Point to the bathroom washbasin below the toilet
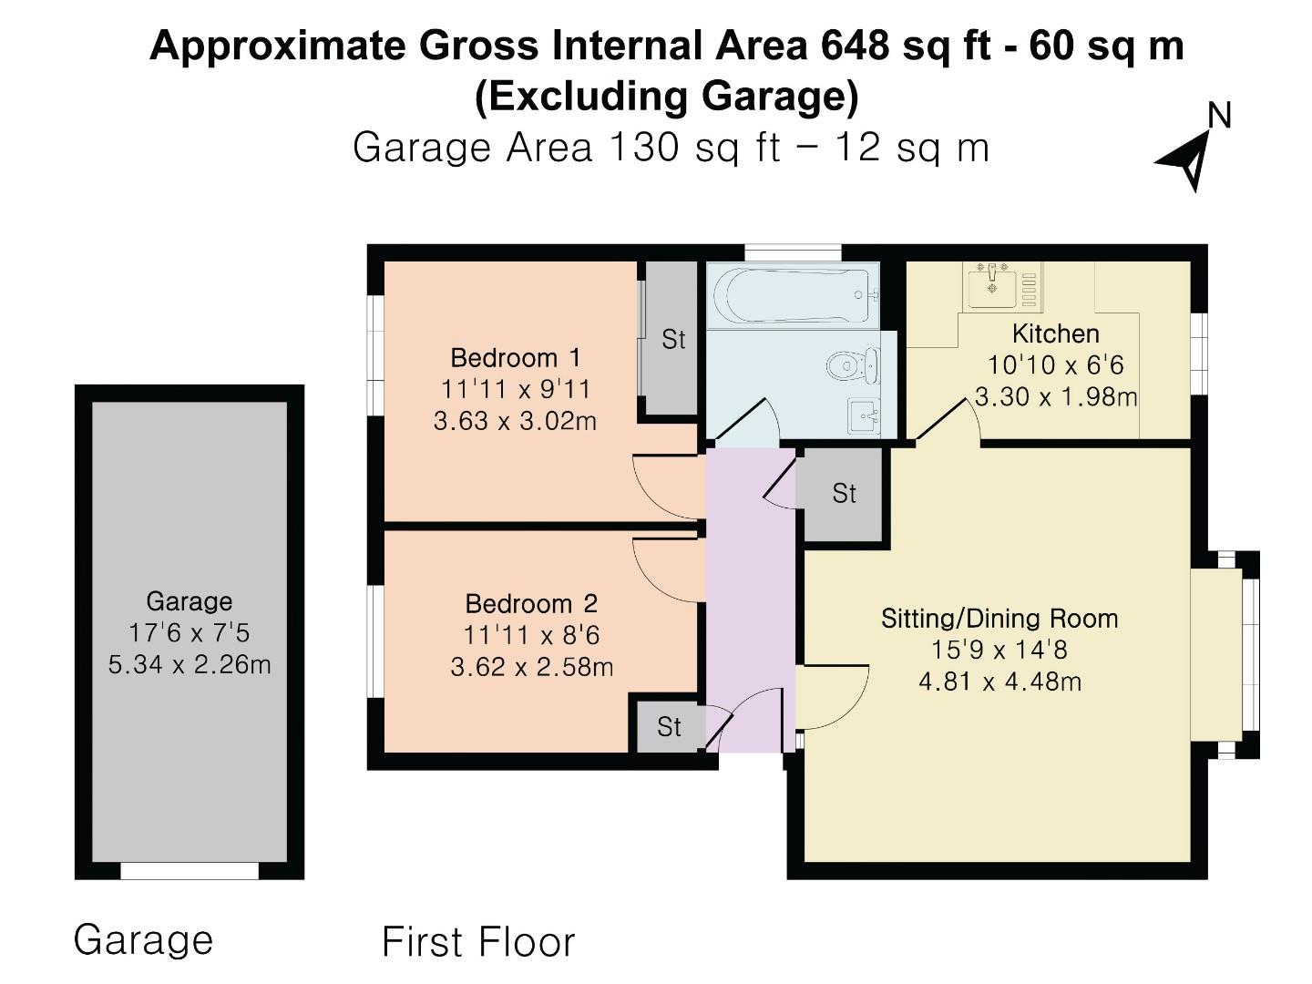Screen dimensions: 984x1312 863,417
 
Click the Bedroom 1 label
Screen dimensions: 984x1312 515,357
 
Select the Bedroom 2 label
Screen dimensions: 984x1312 531,603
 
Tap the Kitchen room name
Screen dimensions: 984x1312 1055,333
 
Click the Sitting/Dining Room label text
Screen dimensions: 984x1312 999,619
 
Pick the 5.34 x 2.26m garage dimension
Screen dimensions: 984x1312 190,665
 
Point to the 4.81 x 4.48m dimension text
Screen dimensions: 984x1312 999,682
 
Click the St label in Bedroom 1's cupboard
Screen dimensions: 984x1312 673,340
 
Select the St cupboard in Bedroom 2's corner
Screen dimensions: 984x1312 669,727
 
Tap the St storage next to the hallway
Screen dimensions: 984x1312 844,494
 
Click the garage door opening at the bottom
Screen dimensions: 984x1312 190,871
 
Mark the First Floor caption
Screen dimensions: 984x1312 478,942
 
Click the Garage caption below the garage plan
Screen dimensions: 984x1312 143,939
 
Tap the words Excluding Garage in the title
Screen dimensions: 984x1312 666,97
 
